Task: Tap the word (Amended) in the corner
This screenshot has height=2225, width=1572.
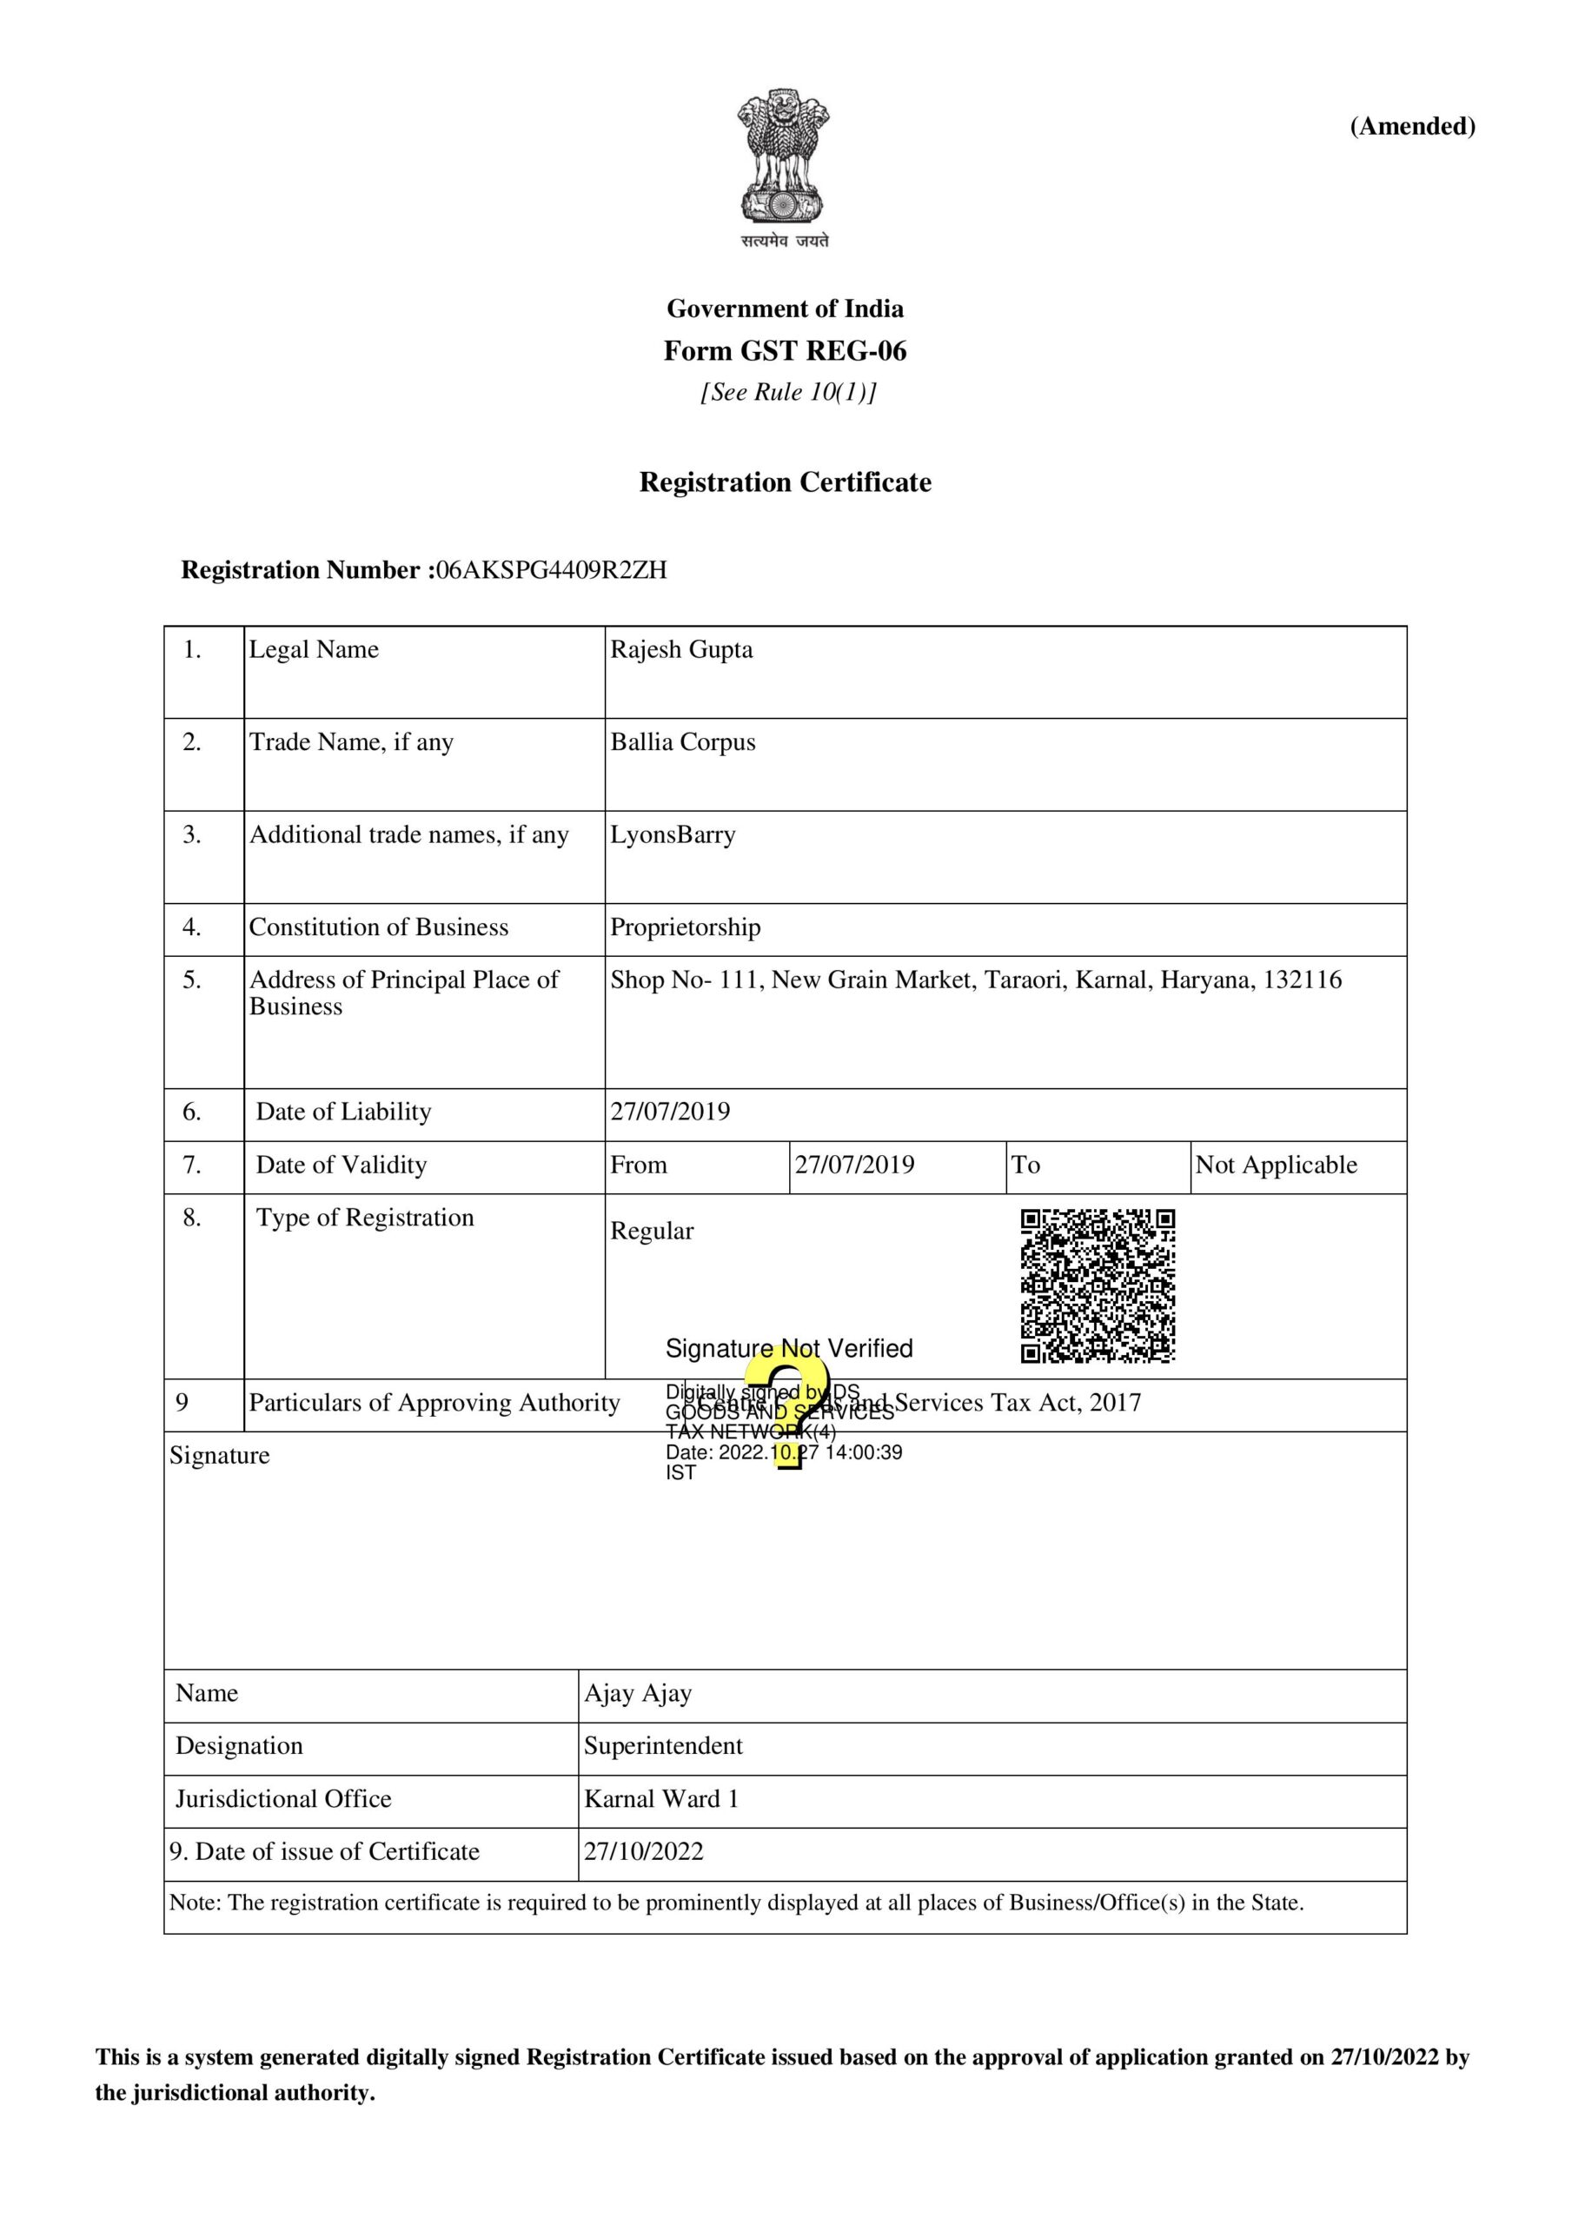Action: tap(1412, 126)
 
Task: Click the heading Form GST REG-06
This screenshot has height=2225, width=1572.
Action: tap(785, 351)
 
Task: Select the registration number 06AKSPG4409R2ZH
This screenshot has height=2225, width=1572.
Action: tap(552, 570)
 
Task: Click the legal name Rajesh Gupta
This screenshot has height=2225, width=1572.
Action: tap(681, 649)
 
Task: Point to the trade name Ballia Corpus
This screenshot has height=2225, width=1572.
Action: tap(682, 742)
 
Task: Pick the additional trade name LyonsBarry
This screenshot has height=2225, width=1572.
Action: tap(673, 834)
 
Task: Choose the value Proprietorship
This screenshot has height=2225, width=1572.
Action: tap(686, 927)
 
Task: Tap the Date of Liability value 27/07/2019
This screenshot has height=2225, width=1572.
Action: tap(670, 1112)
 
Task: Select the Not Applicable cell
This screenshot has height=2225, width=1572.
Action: tap(1276, 1165)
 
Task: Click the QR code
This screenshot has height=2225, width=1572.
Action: tap(1098, 1285)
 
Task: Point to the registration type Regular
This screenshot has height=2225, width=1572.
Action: tap(651, 1231)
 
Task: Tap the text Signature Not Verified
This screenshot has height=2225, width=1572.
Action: tap(789, 1348)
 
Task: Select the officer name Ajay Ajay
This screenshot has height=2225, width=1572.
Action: tap(638, 1693)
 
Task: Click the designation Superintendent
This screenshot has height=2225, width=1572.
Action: tap(663, 1745)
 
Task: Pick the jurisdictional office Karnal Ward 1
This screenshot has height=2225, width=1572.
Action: tap(661, 1798)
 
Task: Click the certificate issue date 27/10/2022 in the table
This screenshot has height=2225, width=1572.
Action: tap(644, 1851)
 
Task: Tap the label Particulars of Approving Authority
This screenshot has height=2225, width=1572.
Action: tap(434, 1402)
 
